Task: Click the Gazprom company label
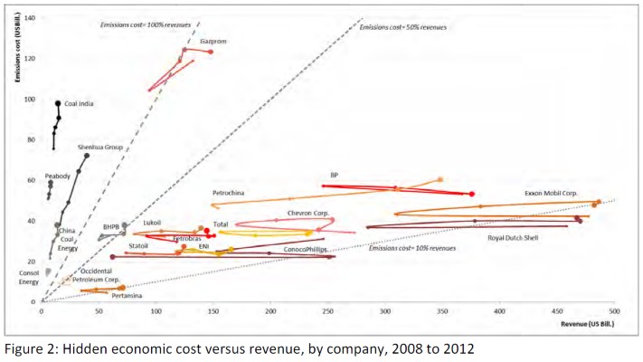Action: (x=213, y=42)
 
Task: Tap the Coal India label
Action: (x=81, y=104)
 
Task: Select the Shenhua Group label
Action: (x=100, y=147)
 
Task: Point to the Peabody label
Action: (x=58, y=176)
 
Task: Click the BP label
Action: (x=334, y=175)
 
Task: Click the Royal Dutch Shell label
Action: (x=517, y=238)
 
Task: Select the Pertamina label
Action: (x=128, y=295)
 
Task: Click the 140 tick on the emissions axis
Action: (x=30, y=18)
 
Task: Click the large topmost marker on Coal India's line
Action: (x=58, y=104)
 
